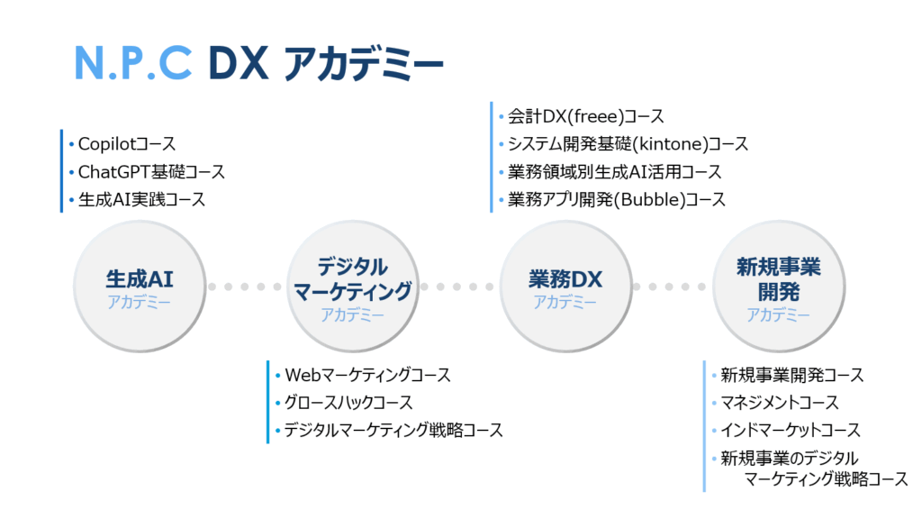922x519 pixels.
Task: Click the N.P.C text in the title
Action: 133,62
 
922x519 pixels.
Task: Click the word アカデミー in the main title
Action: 363,63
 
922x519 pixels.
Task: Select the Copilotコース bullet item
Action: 126,143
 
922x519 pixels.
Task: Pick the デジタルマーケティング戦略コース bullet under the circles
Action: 393,431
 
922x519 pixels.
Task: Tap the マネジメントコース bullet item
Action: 779,403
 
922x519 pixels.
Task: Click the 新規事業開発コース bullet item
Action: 791,375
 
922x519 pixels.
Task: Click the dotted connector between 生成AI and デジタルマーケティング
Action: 245,287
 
